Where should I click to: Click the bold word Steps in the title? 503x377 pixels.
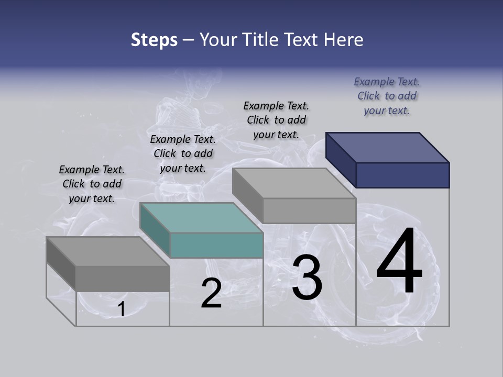(x=154, y=40)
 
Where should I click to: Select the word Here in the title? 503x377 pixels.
(x=343, y=40)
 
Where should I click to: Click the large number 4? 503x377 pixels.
(x=399, y=262)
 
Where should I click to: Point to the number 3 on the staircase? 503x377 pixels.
(x=307, y=278)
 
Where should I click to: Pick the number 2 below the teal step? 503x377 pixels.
(x=211, y=294)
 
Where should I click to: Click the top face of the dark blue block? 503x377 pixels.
(x=387, y=148)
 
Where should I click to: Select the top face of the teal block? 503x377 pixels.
(x=201, y=218)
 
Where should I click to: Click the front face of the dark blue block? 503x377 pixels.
(x=402, y=175)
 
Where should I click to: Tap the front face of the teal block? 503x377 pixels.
(x=216, y=246)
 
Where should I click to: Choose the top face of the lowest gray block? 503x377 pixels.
(x=108, y=251)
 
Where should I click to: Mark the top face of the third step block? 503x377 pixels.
(x=294, y=183)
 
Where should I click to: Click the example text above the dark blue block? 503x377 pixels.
(x=387, y=96)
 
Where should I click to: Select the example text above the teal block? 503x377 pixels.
(x=183, y=153)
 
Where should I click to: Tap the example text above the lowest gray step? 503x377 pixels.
(x=92, y=184)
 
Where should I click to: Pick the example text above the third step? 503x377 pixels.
(x=276, y=120)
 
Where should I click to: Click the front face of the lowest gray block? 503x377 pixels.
(x=123, y=279)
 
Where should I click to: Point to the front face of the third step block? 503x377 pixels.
(x=309, y=211)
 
